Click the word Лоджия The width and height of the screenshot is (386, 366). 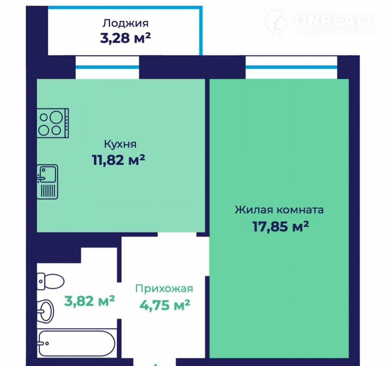[x=125, y=24]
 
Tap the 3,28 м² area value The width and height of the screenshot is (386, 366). [x=125, y=38]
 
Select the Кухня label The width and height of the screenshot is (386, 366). [x=120, y=144]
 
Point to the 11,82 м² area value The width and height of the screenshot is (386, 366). [x=118, y=160]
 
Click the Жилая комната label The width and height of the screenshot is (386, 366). [x=279, y=210]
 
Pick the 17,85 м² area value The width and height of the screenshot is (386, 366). [x=281, y=226]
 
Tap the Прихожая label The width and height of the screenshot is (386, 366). [x=164, y=289]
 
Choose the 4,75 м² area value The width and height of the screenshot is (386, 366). [x=165, y=305]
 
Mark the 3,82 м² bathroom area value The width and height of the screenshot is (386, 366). [x=90, y=301]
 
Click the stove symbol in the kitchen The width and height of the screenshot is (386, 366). [x=53, y=123]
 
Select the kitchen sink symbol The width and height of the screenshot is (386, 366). [x=47, y=182]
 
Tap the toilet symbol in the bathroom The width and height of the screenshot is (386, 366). [x=51, y=281]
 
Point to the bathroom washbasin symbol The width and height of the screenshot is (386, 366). [x=46, y=311]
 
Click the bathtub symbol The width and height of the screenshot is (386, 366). [x=76, y=343]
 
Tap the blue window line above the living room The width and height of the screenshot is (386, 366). [x=292, y=67]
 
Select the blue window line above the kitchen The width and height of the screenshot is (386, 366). [x=107, y=67]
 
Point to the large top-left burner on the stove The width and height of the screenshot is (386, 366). [x=56, y=117]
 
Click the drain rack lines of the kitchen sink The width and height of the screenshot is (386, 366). [x=48, y=190]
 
